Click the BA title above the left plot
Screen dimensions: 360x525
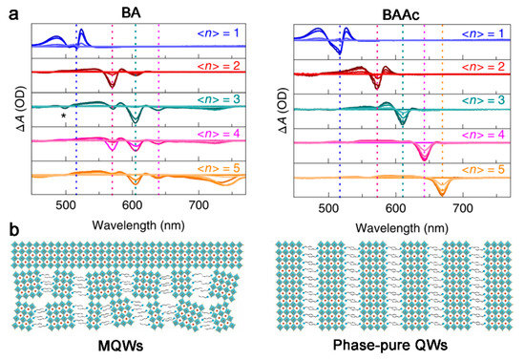pos(134,10)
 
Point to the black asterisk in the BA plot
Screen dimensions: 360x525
pos(63,116)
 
